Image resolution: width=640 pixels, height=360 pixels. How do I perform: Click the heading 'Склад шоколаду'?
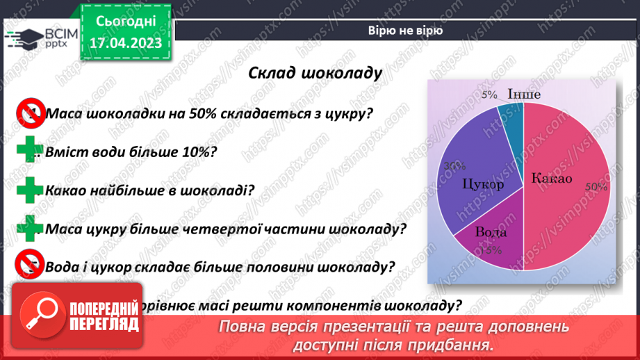click(x=315, y=74)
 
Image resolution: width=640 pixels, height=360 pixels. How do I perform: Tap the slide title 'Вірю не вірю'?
click(x=407, y=31)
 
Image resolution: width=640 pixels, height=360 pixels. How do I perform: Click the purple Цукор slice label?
click(x=482, y=186)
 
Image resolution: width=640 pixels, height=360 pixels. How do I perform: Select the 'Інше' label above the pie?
click(x=524, y=95)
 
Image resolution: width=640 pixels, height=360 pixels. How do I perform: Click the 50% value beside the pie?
click(x=596, y=187)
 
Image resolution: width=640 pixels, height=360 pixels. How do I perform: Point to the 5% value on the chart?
click(x=489, y=95)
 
